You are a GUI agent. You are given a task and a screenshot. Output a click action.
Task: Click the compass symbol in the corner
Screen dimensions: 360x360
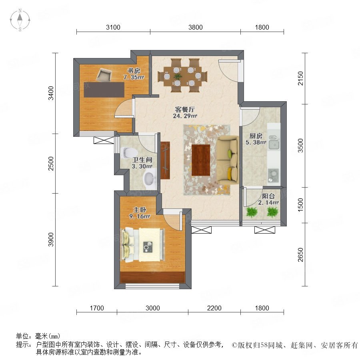[20, 20]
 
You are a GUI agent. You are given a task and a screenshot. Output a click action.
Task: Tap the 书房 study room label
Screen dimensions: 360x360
[134, 71]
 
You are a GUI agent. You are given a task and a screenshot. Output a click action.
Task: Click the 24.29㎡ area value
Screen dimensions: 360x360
[185, 116]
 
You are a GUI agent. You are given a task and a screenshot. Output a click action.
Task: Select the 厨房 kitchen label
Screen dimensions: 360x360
[256, 136]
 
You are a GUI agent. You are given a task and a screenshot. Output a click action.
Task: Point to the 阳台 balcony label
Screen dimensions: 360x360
[268, 196]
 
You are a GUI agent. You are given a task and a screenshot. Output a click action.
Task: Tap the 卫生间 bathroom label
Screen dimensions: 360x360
[142, 160]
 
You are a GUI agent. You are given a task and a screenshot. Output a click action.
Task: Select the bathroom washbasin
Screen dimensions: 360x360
[150, 178]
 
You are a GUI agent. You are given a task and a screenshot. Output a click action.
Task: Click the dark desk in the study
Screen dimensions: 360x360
[104, 90]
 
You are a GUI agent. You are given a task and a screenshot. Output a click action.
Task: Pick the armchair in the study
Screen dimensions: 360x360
[104, 75]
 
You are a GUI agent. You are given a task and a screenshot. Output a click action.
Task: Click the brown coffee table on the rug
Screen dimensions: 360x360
[201, 160]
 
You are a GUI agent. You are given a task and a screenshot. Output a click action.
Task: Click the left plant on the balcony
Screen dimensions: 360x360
[252, 212]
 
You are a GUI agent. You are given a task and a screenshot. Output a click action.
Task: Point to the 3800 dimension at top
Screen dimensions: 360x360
[195, 27]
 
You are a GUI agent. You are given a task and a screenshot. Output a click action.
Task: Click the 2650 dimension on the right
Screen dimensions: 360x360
[300, 254]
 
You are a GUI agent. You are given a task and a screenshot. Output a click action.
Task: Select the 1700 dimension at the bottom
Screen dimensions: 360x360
[97, 308]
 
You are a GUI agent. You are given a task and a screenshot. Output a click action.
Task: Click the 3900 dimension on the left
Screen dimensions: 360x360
[51, 240]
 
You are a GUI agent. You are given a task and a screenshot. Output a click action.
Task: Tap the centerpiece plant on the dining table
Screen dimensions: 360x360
[177, 76]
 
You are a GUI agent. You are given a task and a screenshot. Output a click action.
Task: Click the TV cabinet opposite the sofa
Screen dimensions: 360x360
[165, 160]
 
